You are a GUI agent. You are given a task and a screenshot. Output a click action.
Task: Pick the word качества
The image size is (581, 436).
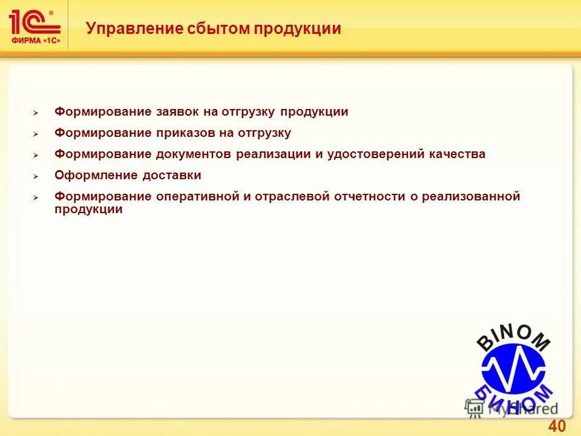click(x=459, y=154)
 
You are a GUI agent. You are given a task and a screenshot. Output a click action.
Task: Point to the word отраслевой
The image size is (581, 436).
click(x=292, y=197)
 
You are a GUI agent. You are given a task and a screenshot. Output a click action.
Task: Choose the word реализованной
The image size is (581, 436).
click(x=471, y=197)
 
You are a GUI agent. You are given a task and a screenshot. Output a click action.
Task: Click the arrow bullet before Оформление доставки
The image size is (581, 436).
click(x=36, y=177)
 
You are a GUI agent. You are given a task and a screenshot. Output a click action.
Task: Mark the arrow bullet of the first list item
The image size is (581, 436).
click(x=36, y=113)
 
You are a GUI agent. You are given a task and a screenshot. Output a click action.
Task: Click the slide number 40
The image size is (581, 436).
click(x=556, y=426)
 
